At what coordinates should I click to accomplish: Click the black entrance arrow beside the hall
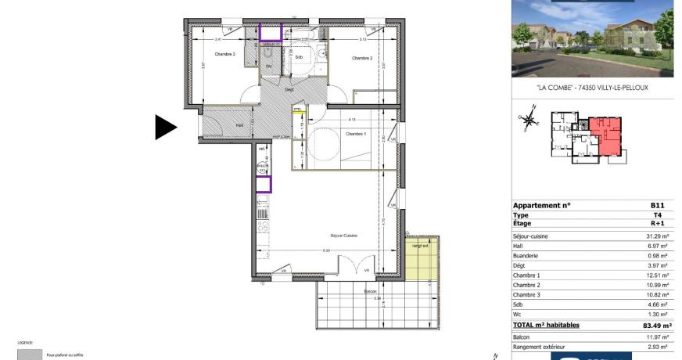click(165, 127)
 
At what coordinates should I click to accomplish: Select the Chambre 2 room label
click(361, 59)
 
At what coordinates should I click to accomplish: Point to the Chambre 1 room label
click(354, 134)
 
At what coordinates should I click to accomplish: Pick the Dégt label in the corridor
click(289, 89)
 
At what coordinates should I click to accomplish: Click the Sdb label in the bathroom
click(298, 57)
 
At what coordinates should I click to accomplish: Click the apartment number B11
click(657, 205)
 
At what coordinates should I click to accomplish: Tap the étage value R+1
click(658, 222)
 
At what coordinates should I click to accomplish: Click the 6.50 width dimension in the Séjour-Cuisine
click(326, 250)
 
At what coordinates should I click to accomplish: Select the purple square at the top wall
click(271, 32)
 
